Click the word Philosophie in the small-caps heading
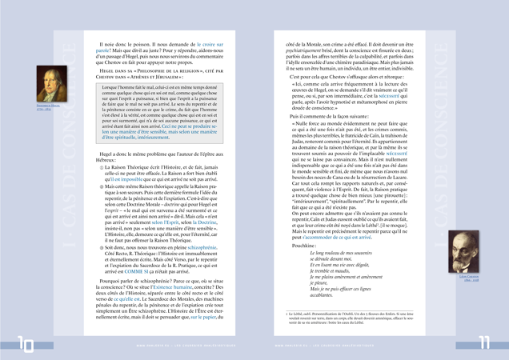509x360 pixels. point(142,71)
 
